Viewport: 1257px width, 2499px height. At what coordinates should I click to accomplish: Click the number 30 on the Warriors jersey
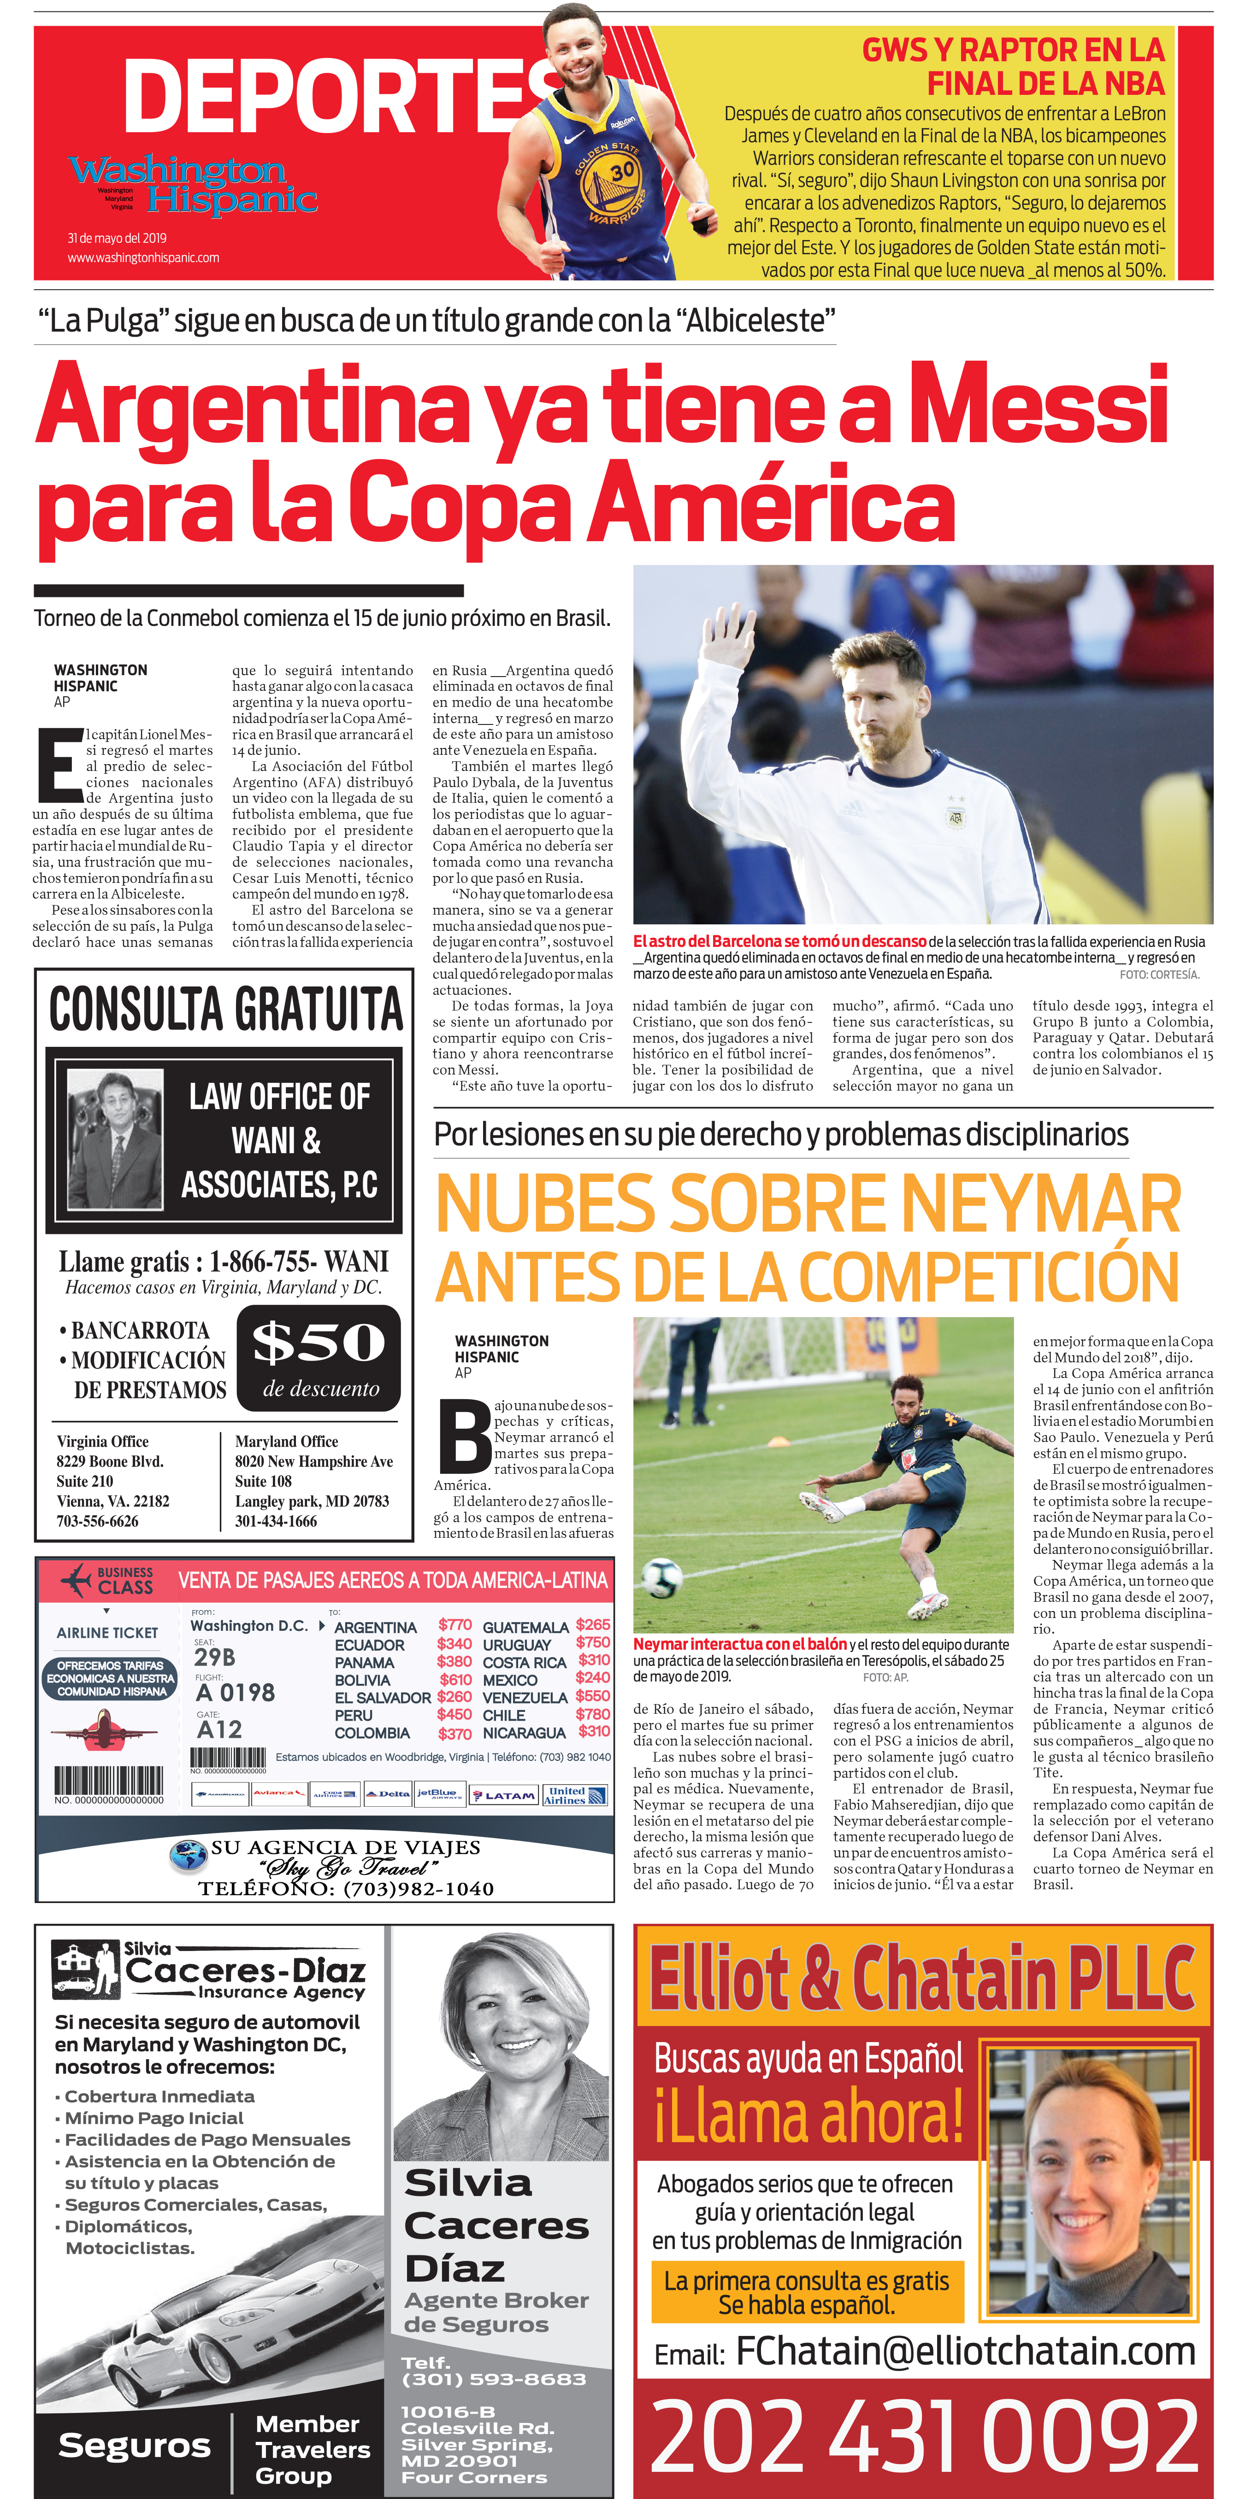tap(622, 171)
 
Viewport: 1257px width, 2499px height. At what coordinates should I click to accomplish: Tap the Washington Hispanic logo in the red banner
tap(192, 184)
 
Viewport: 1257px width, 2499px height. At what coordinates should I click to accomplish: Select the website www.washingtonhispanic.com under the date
tap(144, 258)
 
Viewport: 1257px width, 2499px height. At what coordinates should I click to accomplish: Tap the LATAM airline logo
tap(503, 1796)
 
